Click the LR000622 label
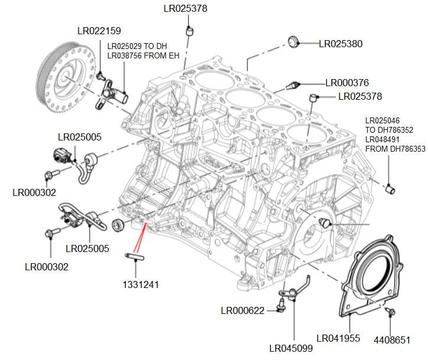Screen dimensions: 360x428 pyautogui.click(x=242, y=310)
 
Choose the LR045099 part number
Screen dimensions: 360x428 pyautogui.click(x=290, y=348)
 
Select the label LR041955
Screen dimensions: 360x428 pyautogui.click(x=338, y=339)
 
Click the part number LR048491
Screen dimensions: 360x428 pyautogui.click(x=387, y=139)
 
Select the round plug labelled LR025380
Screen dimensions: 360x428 pyautogui.click(x=293, y=41)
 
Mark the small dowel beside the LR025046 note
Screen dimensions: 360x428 pyautogui.click(x=391, y=189)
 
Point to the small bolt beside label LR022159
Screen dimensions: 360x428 pyautogui.click(x=101, y=76)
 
